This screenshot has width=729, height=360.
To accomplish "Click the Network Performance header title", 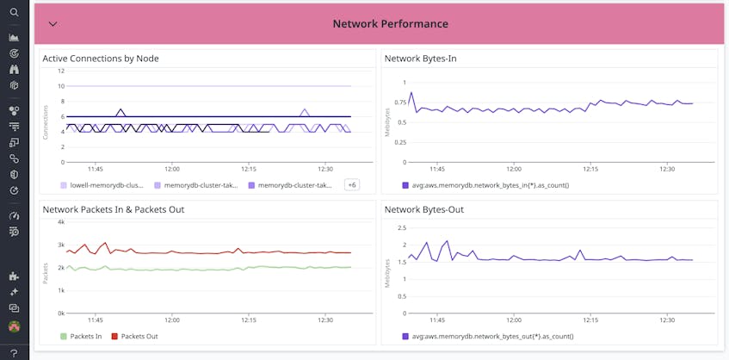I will click(x=390, y=24).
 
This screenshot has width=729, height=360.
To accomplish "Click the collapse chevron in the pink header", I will click(x=53, y=24).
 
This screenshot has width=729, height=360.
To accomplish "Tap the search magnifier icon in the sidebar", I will click(x=14, y=12).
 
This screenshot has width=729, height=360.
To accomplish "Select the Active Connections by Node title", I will click(x=101, y=59).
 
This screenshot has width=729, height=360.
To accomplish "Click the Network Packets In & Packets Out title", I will click(x=114, y=209).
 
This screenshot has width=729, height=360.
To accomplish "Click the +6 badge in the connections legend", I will click(x=351, y=184).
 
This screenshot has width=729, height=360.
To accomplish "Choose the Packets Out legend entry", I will click(x=139, y=336).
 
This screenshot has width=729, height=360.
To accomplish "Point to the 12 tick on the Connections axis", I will click(x=61, y=71).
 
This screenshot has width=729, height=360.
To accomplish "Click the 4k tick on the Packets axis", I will click(x=60, y=221).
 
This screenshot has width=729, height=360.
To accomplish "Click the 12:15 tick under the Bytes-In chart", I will click(x=590, y=169).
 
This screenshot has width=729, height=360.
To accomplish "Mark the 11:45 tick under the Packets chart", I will click(x=95, y=320).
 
